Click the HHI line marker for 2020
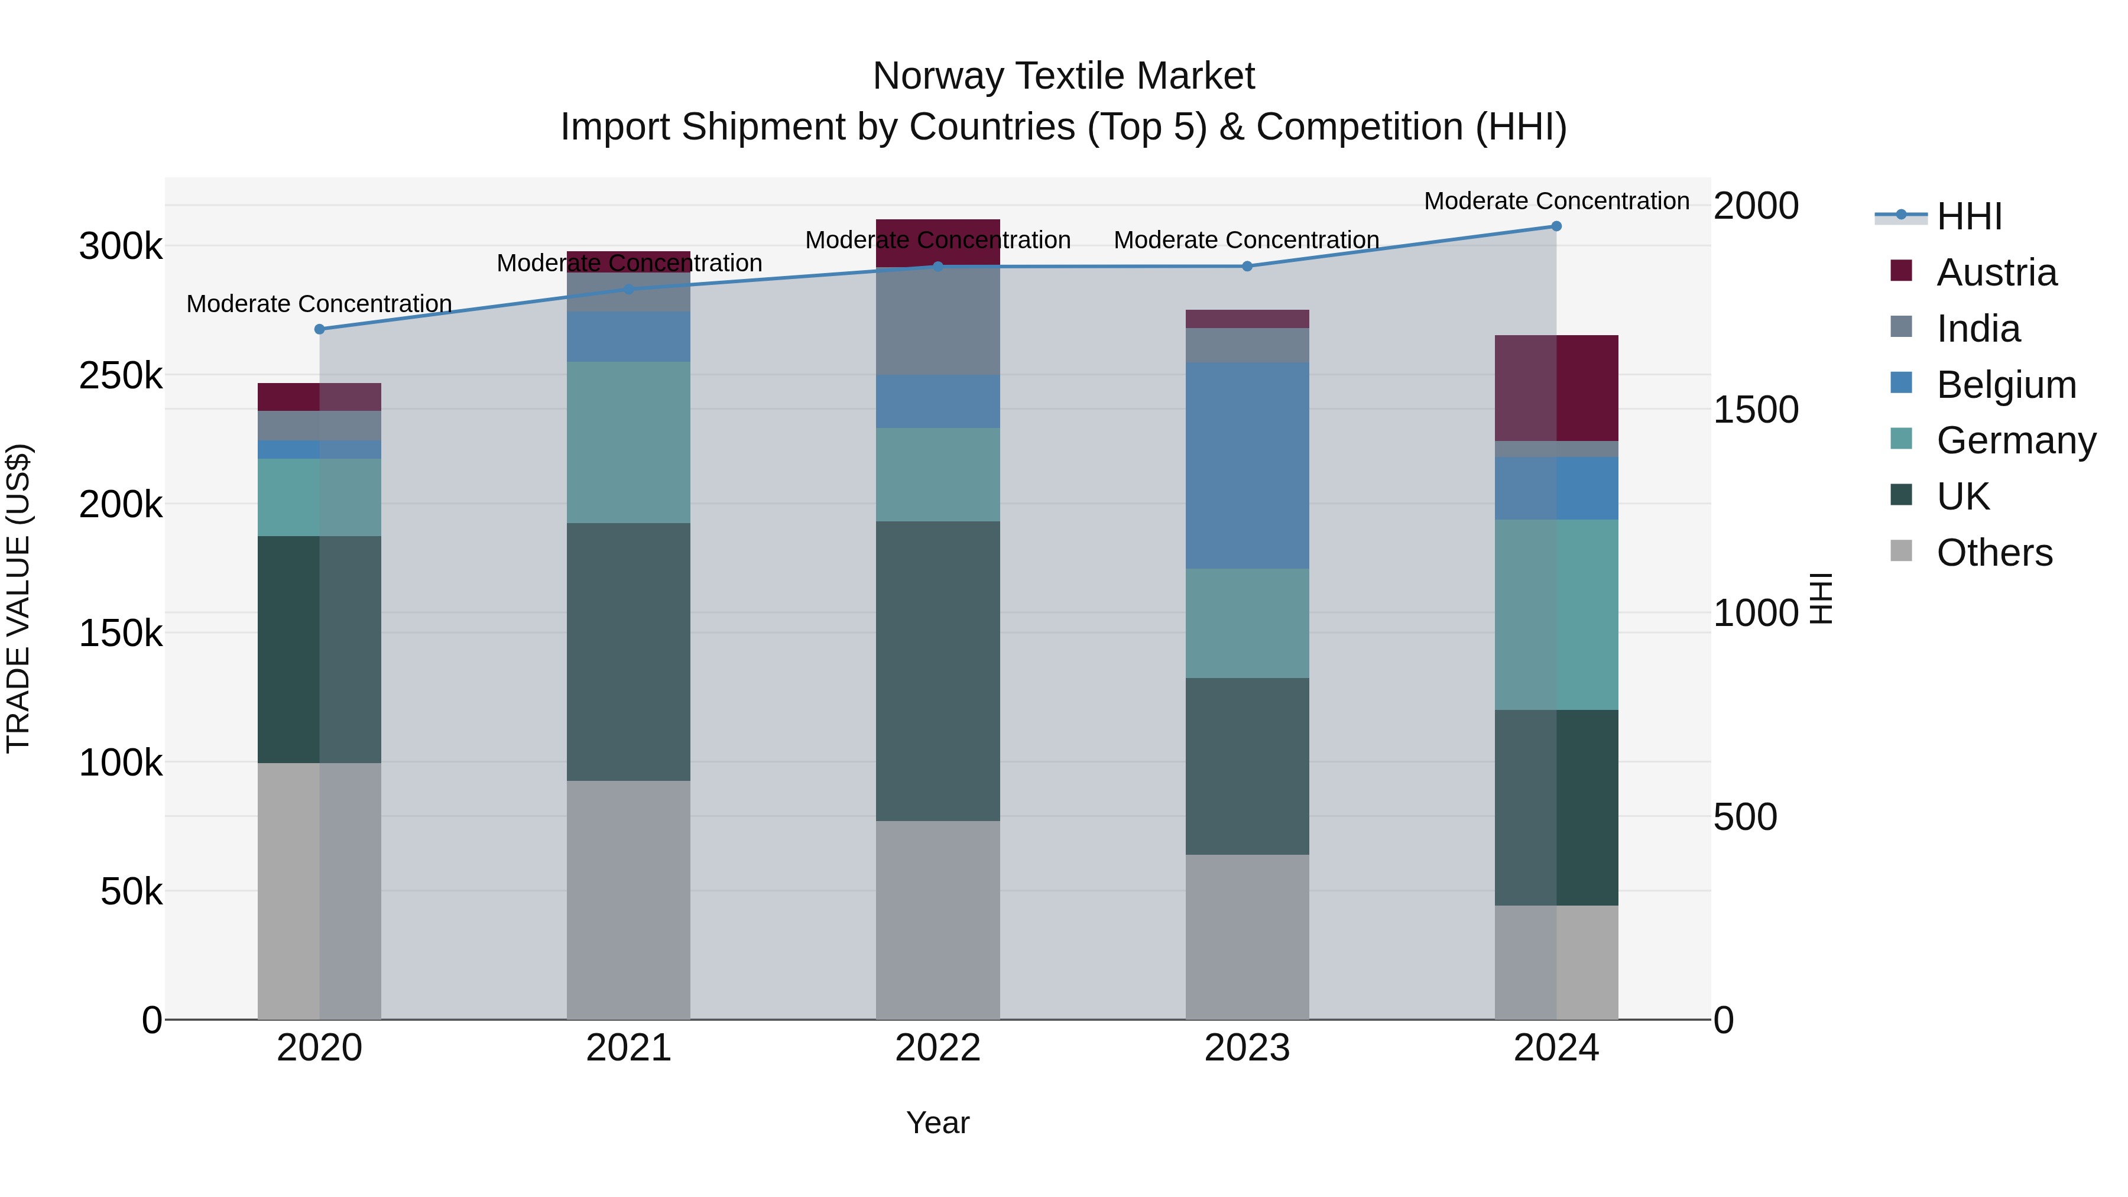tap(320, 329)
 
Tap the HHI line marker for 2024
tap(1556, 226)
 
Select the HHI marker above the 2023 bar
tap(1247, 266)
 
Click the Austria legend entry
tap(1995, 273)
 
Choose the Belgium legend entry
tap(2005, 385)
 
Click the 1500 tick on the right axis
tap(1756, 410)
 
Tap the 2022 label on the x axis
tap(938, 1047)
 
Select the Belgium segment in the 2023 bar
tap(1247, 465)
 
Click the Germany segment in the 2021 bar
tap(629, 442)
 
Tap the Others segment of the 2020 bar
tap(320, 891)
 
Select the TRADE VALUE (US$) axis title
tap(18, 598)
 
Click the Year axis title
tap(938, 1123)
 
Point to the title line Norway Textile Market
tap(1063, 76)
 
